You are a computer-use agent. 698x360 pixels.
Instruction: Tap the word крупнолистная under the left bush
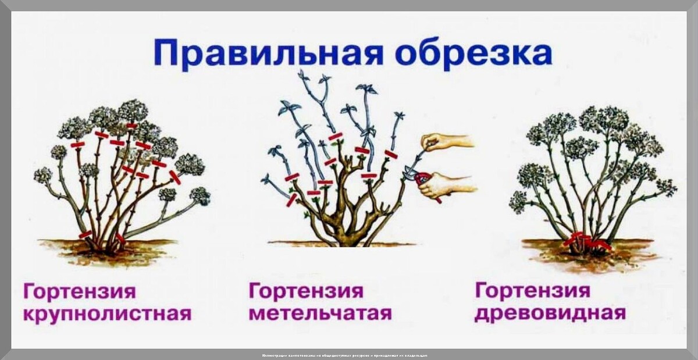(x=107, y=314)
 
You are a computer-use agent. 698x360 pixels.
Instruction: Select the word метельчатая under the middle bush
(x=320, y=313)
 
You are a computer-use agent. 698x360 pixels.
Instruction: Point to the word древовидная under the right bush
(x=550, y=313)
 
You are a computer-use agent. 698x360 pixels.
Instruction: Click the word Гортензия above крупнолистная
(x=79, y=291)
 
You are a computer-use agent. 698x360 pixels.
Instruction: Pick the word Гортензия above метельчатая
(x=306, y=291)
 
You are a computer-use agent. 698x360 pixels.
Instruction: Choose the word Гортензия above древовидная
(x=532, y=290)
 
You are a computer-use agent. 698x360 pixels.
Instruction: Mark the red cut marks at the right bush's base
(x=585, y=240)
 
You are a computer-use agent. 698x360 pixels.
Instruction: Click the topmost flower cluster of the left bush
(x=133, y=110)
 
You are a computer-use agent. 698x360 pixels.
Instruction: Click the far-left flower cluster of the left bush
(x=42, y=175)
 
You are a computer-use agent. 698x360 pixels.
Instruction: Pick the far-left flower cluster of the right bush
(x=518, y=201)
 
